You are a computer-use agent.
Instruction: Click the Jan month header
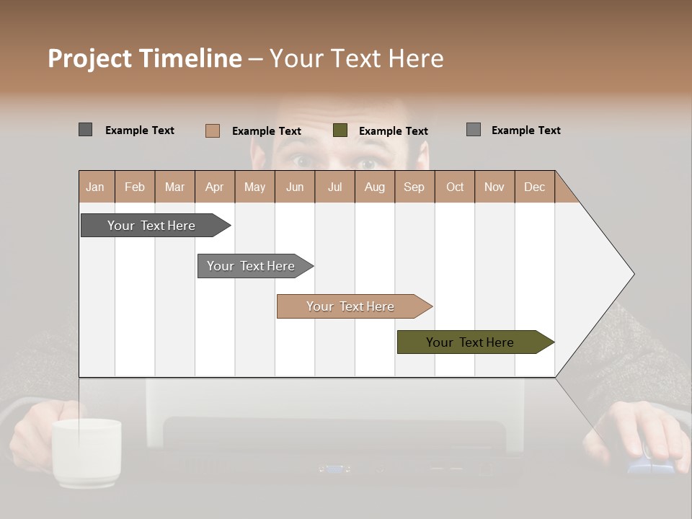[95, 187]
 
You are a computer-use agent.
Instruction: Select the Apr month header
[214, 187]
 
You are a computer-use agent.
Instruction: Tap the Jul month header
[334, 187]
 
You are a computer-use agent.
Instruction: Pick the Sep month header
[414, 187]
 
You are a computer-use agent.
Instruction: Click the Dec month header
[534, 187]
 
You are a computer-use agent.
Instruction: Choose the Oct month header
[455, 187]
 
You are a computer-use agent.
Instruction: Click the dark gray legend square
[85, 130]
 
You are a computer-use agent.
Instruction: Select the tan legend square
[212, 130]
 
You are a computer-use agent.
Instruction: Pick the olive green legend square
[340, 130]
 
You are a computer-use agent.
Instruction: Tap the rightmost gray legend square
[473, 130]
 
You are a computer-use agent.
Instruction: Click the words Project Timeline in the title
[144, 58]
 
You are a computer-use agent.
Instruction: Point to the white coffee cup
[86, 451]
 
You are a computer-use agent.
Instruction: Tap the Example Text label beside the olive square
[393, 130]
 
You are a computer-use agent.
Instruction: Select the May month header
[254, 187]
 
